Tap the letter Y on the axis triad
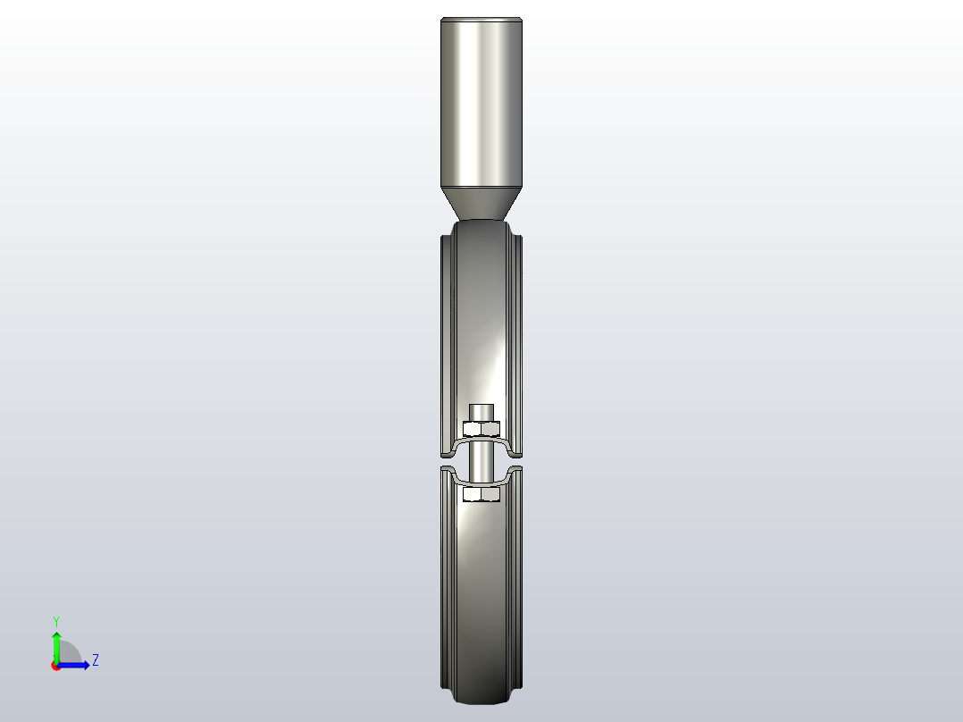56,620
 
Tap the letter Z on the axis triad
95,660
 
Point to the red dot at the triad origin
55,666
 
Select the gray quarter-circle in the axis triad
70,653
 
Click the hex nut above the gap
481,428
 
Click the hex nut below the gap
481,494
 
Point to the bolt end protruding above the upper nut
481,412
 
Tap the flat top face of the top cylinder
481,19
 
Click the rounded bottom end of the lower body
481,698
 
